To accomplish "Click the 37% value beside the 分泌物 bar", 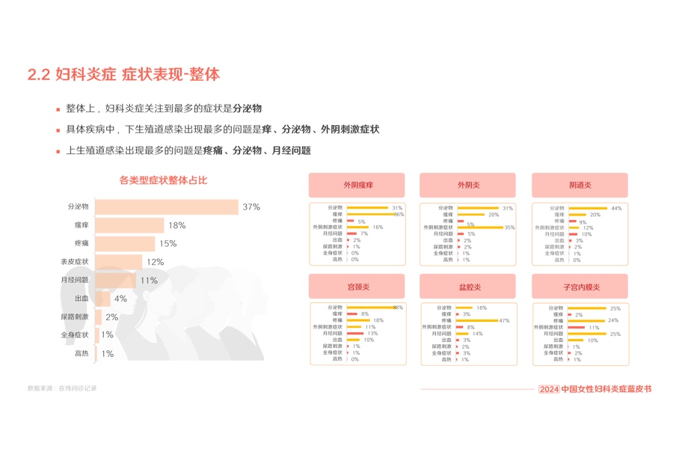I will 251,207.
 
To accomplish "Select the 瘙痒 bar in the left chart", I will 129,225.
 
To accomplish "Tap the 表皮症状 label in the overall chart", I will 75,262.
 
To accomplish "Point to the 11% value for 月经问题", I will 148,281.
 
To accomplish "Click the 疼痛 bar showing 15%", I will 125,243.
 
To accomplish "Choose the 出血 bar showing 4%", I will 102,299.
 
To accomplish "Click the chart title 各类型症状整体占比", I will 163,180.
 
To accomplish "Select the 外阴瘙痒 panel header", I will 357,185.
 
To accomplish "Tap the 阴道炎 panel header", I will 580,185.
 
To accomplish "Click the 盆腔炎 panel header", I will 469,287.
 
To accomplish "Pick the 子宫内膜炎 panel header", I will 580,287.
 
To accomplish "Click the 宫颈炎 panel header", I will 357,287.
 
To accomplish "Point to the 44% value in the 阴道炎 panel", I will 616,208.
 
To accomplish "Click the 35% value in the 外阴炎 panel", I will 510,227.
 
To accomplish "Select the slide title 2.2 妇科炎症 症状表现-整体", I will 123,75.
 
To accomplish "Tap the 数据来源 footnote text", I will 62,388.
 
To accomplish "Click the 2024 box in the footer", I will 549,389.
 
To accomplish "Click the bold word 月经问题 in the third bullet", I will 292,150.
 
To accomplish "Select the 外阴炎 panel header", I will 469,185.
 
